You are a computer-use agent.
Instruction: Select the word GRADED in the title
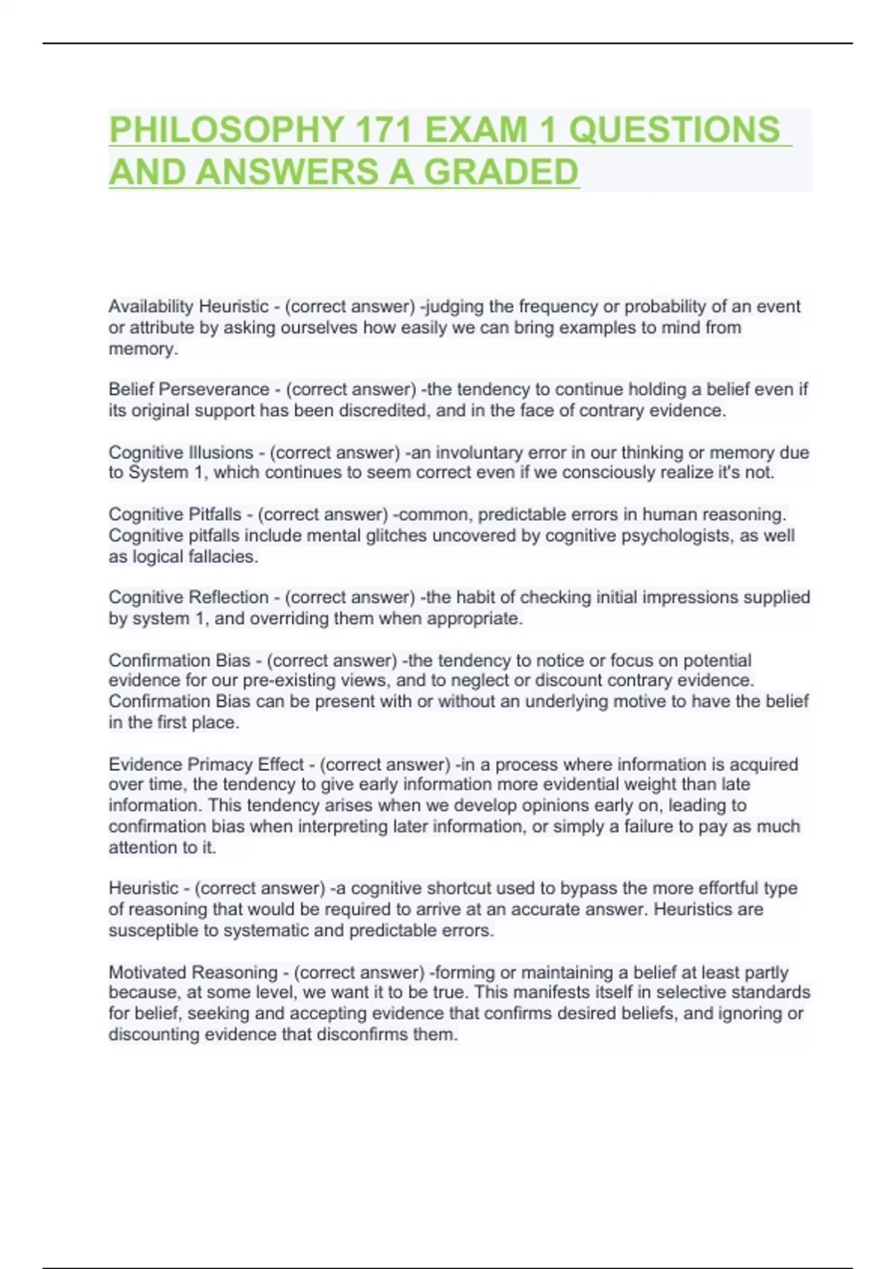click(501, 172)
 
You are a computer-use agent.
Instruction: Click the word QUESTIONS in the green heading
click(674, 130)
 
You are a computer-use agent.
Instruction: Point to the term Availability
click(151, 307)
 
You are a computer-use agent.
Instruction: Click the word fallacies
click(221, 557)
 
